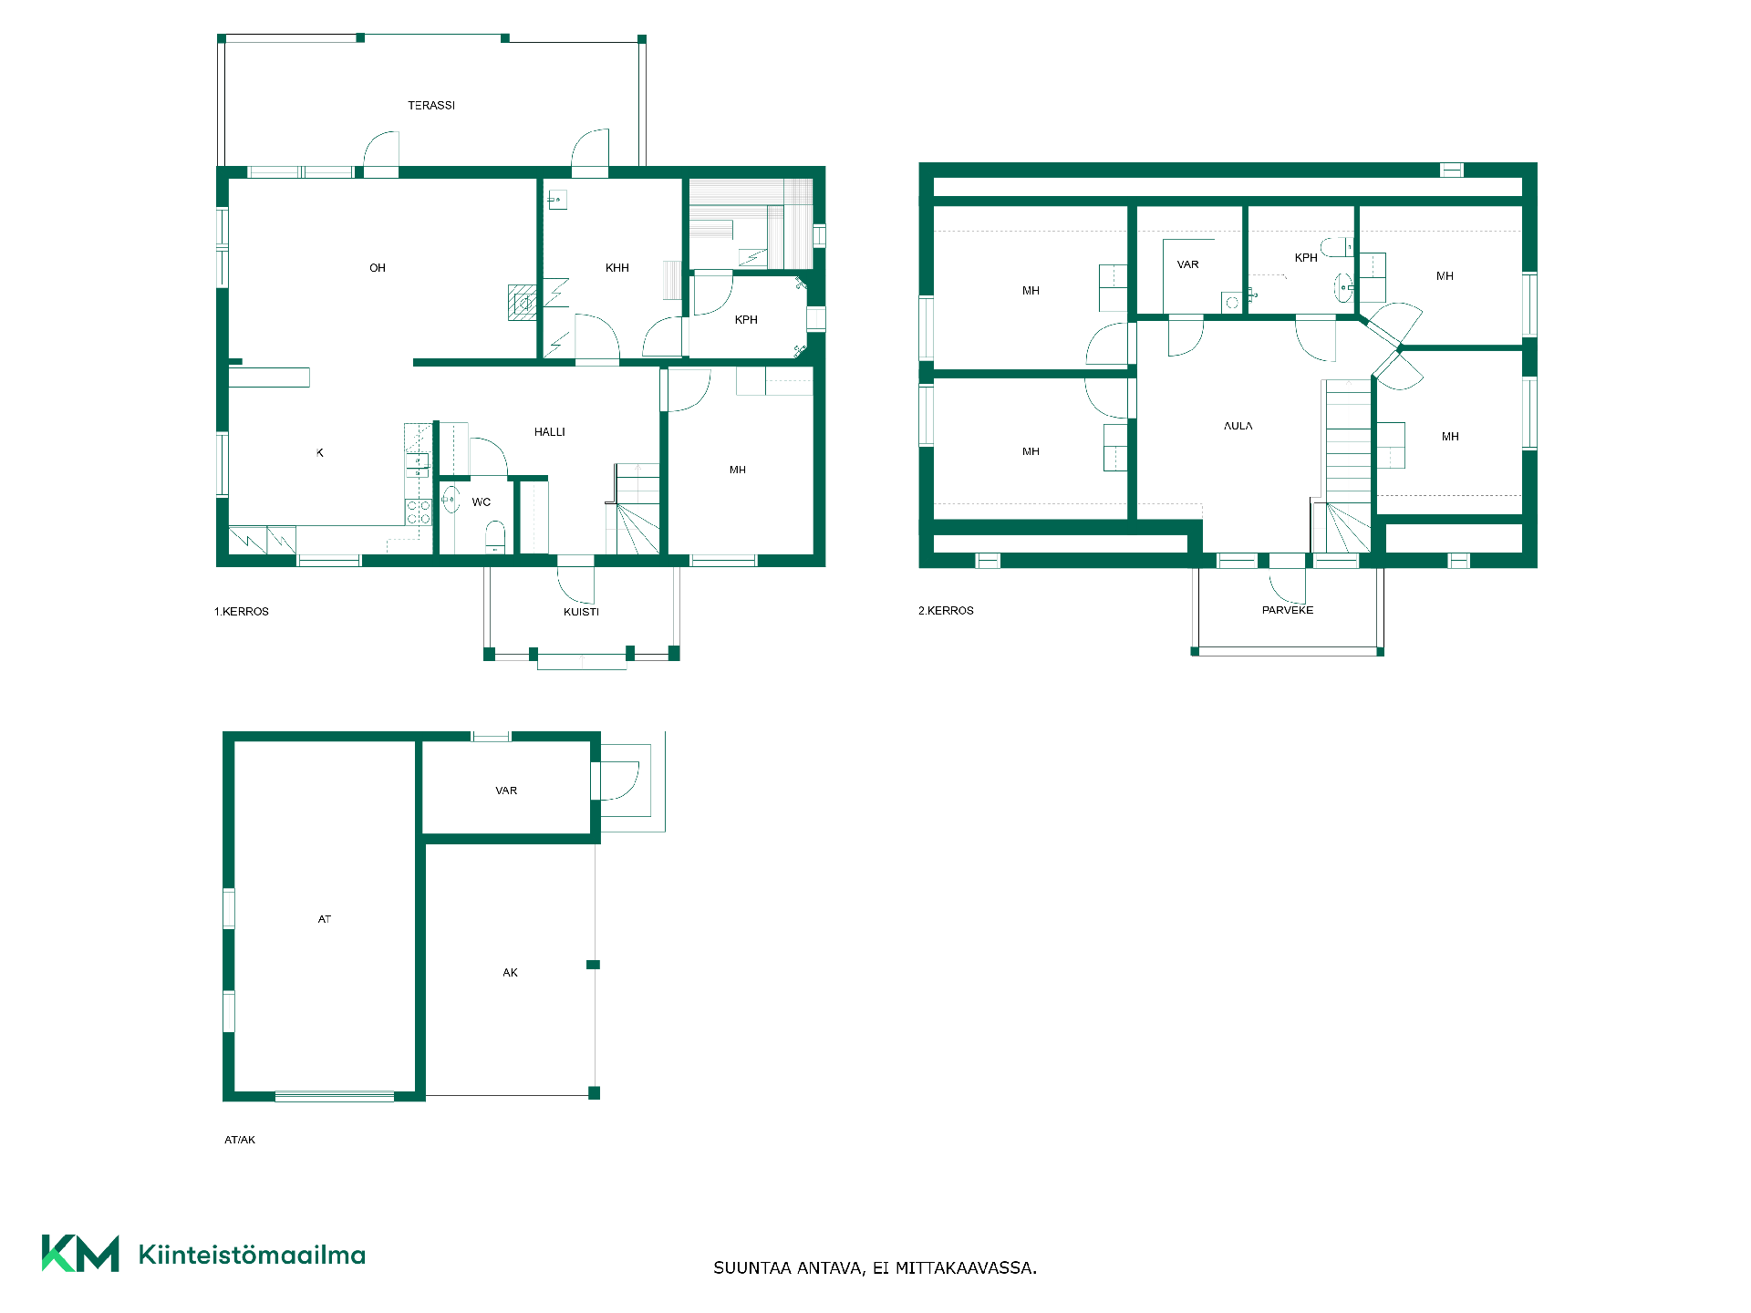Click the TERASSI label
tap(431, 106)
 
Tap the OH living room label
tap(378, 268)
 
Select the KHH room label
tap(617, 268)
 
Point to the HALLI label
tap(550, 432)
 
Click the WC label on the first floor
tap(482, 502)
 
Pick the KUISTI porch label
tap(581, 612)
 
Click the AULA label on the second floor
tap(1238, 426)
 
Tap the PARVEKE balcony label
tap(1288, 610)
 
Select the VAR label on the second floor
tap(1188, 264)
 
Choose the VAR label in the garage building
tap(506, 791)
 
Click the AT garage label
tap(325, 919)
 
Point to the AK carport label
tap(511, 973)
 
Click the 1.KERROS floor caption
tap(242, 612)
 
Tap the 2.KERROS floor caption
tap(946, 611)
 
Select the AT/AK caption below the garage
tap(240, 1140)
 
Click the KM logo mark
tap(80, 1254)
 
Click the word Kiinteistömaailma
tap(252, 1255)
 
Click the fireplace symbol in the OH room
tap(523, 303)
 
